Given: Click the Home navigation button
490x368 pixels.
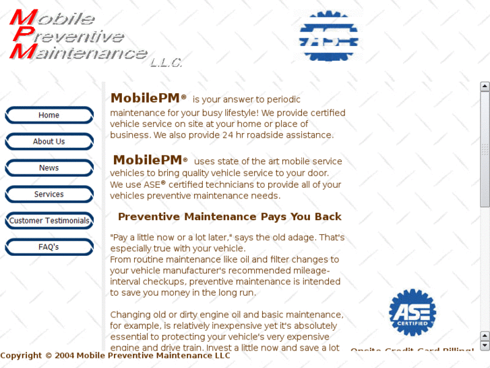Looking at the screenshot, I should point(49,115).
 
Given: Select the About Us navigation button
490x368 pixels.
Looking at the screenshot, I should point(49,142).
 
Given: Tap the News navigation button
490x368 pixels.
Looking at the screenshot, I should point(49,168).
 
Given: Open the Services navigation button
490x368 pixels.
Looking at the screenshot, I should point(49,194).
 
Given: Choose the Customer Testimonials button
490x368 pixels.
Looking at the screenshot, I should point(49,221).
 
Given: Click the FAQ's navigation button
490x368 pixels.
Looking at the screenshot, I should point(49,247).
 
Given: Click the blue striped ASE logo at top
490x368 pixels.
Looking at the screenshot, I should point(329,36).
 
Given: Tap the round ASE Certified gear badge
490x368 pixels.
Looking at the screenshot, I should point(412,312).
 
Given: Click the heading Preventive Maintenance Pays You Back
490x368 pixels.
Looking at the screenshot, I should point(229,217).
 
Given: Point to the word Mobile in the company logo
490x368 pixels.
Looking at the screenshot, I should point(57,18).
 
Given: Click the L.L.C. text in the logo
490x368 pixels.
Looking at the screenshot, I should point(166,63).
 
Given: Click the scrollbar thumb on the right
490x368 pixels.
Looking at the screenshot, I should point(485,149).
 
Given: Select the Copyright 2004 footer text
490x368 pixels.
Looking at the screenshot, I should point(115,355).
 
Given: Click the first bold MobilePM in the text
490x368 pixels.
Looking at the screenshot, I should point(145,99).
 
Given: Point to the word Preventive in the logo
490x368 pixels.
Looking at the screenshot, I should point(74,36).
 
